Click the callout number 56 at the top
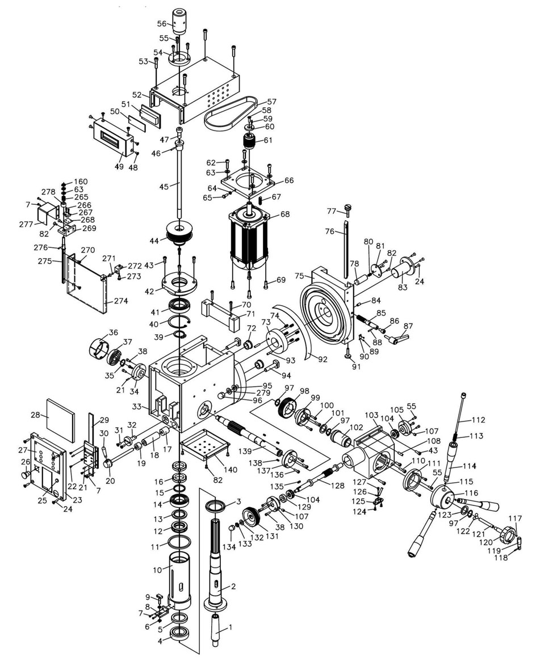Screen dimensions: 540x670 point(162,24)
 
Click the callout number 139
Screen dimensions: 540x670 point(257,451)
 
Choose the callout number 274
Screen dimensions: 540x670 point(121,301)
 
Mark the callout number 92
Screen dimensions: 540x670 point(323,359)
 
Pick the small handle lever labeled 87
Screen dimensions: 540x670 point(397,338)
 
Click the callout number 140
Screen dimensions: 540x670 point(231,470)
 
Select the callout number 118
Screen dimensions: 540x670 point(501,557)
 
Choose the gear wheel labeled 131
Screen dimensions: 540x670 point(252,517)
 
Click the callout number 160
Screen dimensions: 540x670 point(81,182)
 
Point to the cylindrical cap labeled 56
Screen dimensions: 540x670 point(181,22)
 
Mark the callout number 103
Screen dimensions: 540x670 point(371,415)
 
